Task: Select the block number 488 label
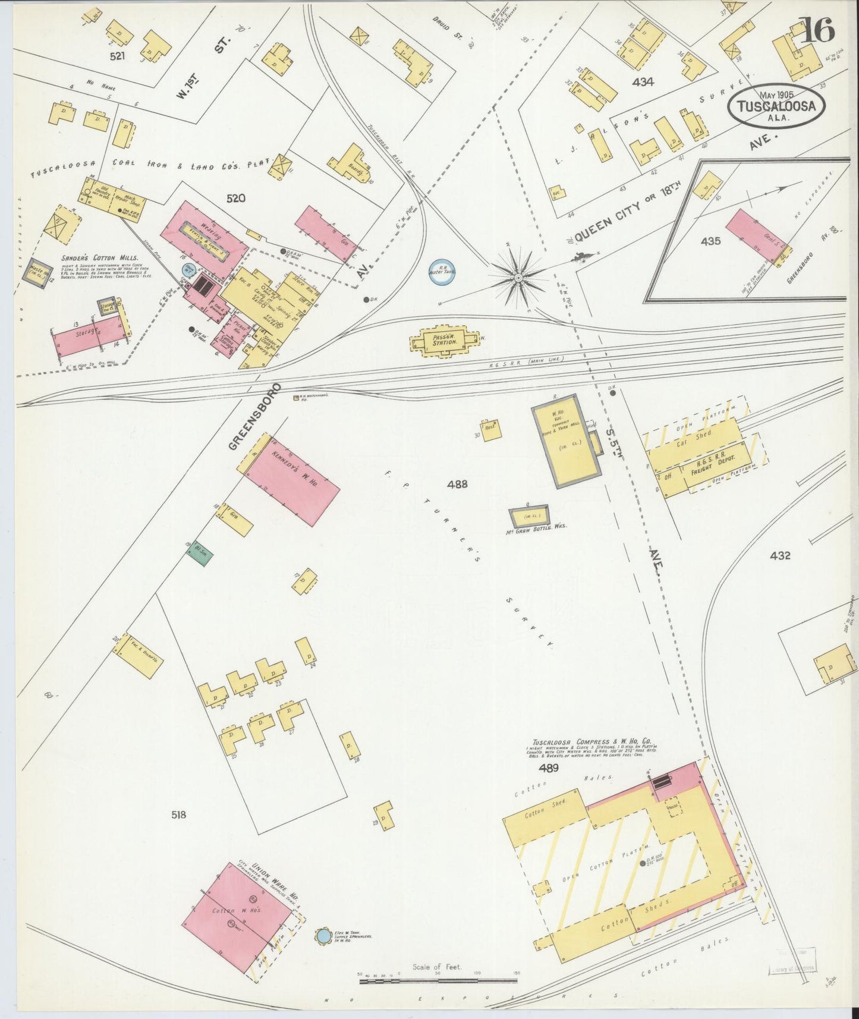point(457,484)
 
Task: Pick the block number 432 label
point(779,555)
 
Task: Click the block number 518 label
point(178,814)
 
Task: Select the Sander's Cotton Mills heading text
point(99,258)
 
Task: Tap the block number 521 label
point(121,57)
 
